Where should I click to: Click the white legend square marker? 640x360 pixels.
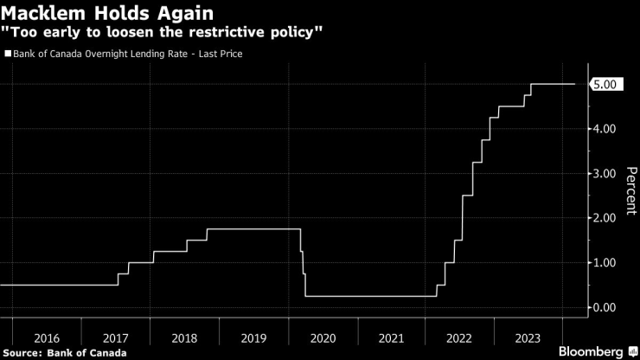point(8,55)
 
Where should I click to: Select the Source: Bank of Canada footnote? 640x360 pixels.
point(65,352)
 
